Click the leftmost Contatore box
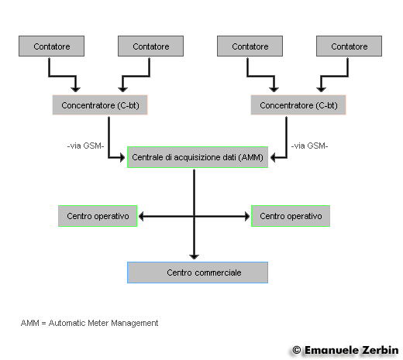tap(51, 46)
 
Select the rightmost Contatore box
tap(349, 46)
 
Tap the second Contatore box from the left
tap(150, 46)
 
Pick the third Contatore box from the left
tap(250, 46)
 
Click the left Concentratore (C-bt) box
tap(100, 105)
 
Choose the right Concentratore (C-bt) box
tap(298, 105)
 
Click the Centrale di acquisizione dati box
tap(198, 157)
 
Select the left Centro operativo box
tap(98, 216)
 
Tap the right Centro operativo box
tap(291, 216)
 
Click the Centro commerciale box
tap(198, 273)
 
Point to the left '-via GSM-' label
tap(85, 146)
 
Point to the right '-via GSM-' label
tap(309, 146)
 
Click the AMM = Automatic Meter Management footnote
tap(89, 323)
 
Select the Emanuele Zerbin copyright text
tap(346, 350)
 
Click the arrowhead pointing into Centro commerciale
tap(194, 256)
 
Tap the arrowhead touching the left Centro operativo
tap(141, 216)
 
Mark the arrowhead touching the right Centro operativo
tap(247, 216)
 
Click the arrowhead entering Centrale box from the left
tap(122, 157)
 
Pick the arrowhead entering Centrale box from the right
tap(273, 157)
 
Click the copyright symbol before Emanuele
tap(297, 350)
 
